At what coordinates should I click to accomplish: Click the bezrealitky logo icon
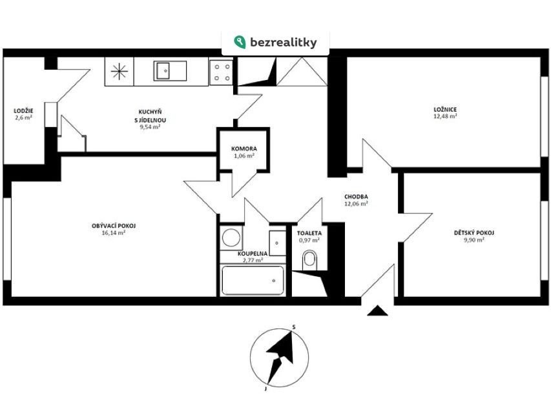[x=240, y=42]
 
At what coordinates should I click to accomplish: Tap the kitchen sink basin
[x=163, y=71]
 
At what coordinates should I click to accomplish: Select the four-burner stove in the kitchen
[x=222, y=72]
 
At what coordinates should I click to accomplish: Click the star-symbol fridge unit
[x=120, y=72]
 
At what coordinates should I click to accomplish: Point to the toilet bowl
[x=309, y=260]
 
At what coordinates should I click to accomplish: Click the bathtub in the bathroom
[x=253, y=280]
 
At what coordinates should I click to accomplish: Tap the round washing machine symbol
[x=231, y=237]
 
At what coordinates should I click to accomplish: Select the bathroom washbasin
[x=278, y=243]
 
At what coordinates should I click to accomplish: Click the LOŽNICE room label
[x=445, y=110]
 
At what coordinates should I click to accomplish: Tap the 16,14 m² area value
[x=114, y=232]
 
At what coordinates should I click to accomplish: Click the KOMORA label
[x=244, y=148]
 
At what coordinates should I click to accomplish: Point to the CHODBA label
[x=356, y=197]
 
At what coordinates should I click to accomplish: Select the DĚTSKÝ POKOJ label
[x=474, y=233]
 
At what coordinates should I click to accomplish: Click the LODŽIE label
[x=23, y=110]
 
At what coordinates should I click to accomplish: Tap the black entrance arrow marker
[x=377, y=311]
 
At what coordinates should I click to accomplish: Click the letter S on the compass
[x=294, y=327]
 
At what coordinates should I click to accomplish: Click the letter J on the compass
[x=265, y=388]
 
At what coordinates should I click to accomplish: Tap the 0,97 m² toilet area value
[x=309, y=240]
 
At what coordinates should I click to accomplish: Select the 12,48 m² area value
[x=445, y=116]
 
